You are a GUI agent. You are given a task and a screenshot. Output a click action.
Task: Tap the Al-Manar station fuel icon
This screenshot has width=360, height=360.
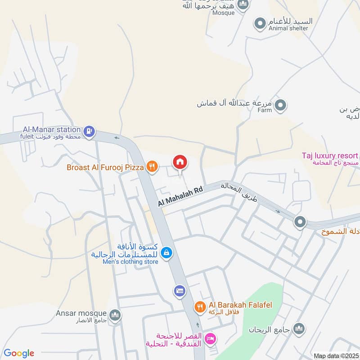pyautogui.click(x=89, y=131)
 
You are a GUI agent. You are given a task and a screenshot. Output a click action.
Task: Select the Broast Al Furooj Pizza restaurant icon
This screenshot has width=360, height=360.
pyautogui.click(x=152, y=167)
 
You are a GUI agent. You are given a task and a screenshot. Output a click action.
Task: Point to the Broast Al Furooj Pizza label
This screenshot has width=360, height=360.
pyautogui.click(x=105, y=167)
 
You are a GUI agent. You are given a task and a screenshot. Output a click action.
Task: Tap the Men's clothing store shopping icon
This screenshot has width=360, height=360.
pyautogui.click(x=166, y=253)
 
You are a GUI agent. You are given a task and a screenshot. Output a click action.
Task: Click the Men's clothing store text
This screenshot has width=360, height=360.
pyautogui.click(x=130, y=261)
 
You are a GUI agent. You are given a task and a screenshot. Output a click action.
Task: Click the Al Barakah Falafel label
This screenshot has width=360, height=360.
pyautogui.click(x=240, y=305)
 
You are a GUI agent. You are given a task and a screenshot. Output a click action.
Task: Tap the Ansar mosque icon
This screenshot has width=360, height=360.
pyautogui.click(x=115, y=315)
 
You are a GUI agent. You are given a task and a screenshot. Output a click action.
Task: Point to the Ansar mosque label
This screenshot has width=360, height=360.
pyautogui.click(x=81, y=313)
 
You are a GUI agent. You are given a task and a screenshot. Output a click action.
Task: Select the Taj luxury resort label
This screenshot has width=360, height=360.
pyautogui.click(x=330, y=156)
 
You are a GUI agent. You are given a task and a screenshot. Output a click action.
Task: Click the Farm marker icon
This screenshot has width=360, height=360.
pyautogui.click(x=281, y=106)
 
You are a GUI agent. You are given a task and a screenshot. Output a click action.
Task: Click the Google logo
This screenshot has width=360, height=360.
pyautogui.click(x=19, y=353)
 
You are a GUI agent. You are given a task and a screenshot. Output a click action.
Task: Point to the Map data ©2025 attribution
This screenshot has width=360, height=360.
pyautogui.click(x=336, y=356)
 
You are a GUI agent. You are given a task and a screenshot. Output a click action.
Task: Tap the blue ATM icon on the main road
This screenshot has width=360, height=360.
pyautogui.click(x=180, y=291)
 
